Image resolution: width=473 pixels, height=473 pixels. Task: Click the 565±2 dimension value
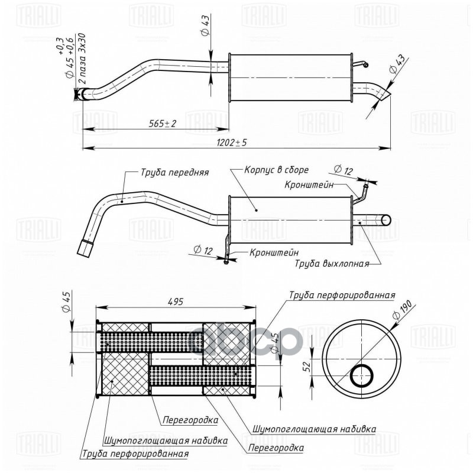(x=163, y=123)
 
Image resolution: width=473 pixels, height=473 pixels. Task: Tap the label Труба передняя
(x=174, y=173)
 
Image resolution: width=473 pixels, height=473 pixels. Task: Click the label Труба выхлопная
(x=332, y=264)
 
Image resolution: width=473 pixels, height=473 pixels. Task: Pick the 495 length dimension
(x=174, y=302)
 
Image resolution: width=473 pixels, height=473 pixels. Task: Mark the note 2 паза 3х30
(x=83, y=59)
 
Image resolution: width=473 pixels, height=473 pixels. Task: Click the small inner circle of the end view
(x=361, y=375)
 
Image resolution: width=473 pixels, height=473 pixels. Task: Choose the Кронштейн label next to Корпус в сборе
(x=308, y=185)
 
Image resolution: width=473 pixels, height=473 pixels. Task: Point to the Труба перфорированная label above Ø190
(x=342, y=294)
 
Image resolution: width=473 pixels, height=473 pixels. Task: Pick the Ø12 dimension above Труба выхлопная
(x=342, y=170)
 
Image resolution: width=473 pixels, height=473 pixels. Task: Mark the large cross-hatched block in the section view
(x=125, y=376)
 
